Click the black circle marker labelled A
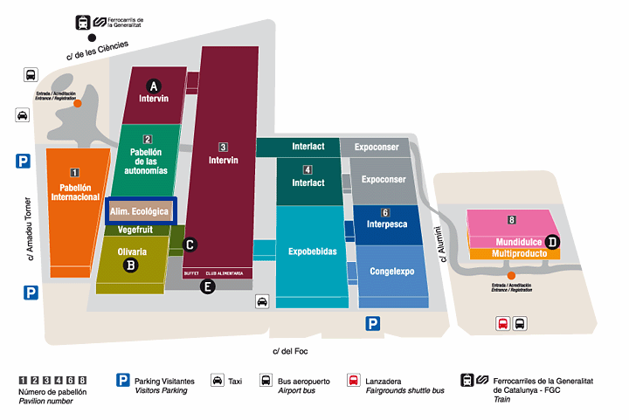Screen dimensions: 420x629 (x=154, y=86)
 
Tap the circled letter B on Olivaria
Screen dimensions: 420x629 (x=131, y=265)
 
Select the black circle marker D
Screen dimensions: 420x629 (x=552, y=242)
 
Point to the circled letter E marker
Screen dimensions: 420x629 (x=207, y=286)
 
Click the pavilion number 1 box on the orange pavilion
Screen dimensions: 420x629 (x=75, y=173)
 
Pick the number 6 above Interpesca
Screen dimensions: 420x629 (x=385, y=212)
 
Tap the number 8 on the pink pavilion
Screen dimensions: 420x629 (x=512, y=219)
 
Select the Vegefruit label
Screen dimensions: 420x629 (x=132, y=231)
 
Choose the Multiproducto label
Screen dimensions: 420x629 (x=512, y=253)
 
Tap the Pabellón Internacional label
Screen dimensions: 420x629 (x=75, y=192)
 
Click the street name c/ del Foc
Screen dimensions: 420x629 (x=290, y=351)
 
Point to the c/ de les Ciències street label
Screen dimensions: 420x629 (x=97, y=51)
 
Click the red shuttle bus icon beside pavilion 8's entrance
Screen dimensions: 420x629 (x=502, y=323)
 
